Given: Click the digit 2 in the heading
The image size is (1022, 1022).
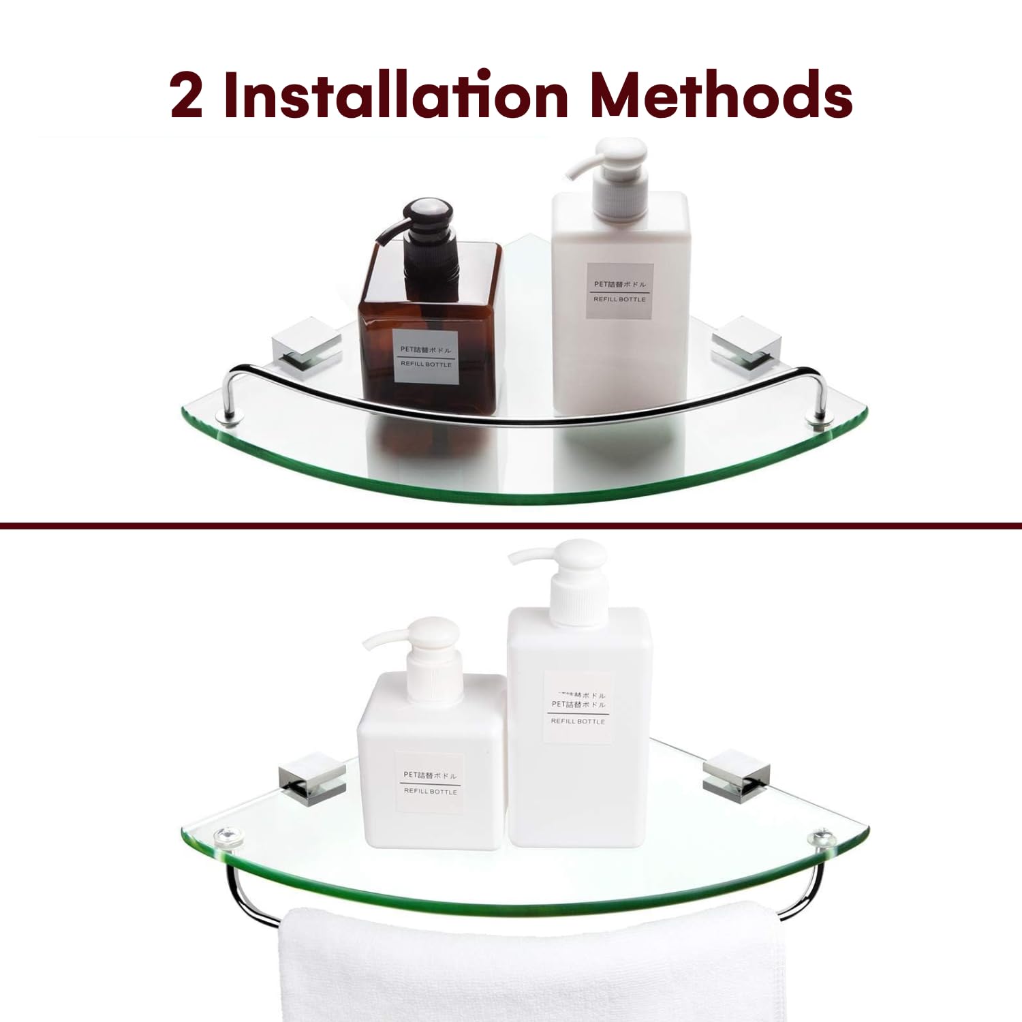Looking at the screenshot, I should [x=186, y=95].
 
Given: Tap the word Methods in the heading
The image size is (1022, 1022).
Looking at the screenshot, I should [x=722, y=95].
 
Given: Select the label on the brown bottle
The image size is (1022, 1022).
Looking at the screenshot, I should [x=426, y=356].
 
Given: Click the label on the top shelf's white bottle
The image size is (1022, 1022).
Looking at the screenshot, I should [x=619, y=291].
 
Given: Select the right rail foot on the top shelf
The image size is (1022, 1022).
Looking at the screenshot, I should [x=817, y=418].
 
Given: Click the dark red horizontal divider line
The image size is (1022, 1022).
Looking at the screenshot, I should [x=511, y=525].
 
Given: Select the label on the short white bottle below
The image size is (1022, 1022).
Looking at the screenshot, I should [x=430, y=783].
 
